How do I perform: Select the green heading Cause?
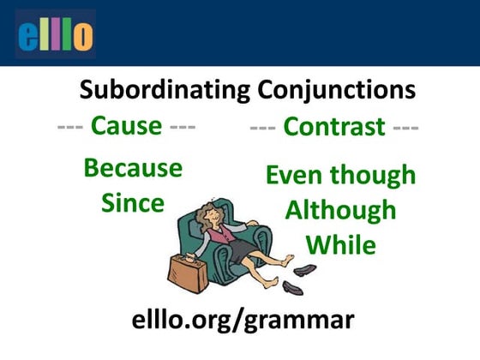click(x=126, y=126)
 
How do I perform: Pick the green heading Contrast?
click(x=333, y=128)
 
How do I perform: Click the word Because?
click(x=133, y=168)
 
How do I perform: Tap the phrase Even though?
click(x=340, y=176)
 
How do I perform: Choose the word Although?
click(x=340, y=210)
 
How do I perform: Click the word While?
click(x=340, y=245)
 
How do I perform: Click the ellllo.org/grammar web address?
click(x=243, y=321)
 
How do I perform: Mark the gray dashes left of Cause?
click(x=70, y=126)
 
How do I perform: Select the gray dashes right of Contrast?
click(x=405, y=128)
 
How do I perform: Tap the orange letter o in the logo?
click(x=83, y=36)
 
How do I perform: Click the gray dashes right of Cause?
click(x=182, y=126)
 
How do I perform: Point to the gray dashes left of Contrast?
click(x=263, y=128)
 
